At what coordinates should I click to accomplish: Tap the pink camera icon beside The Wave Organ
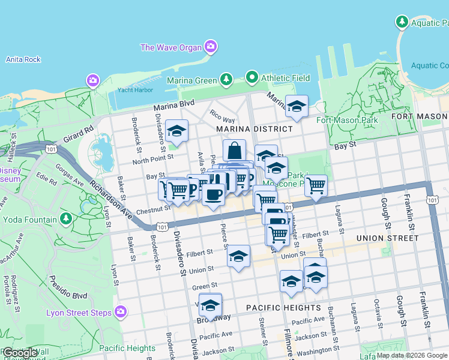(211, 46)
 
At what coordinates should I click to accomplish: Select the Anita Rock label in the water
(23, 59)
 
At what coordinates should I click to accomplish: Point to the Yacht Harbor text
(135, 90)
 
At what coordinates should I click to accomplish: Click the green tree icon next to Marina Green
(226, 79)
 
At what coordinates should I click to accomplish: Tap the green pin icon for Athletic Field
(252, 77)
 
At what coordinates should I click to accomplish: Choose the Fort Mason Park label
(347, 120)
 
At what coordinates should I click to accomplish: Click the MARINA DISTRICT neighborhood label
(254, 129)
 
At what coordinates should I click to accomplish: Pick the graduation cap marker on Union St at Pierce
(239, 256)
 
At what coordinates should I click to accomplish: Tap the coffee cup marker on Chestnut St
(213, 194)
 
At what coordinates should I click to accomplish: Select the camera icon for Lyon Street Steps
(121, 311)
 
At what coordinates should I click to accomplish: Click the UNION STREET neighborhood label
(387, 238)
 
